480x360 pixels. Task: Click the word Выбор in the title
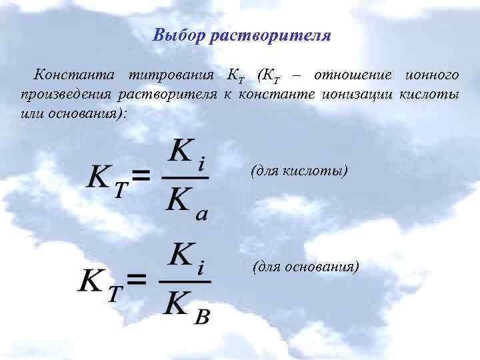coord(178,35)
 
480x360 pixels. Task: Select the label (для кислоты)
coord(299,171)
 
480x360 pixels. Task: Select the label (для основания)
coord(306,267)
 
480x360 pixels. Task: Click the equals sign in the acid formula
coord(141,176)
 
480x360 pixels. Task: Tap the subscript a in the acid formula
coord(202,214)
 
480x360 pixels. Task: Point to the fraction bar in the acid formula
coord(187,177)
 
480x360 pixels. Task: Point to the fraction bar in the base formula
coord(185,281)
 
